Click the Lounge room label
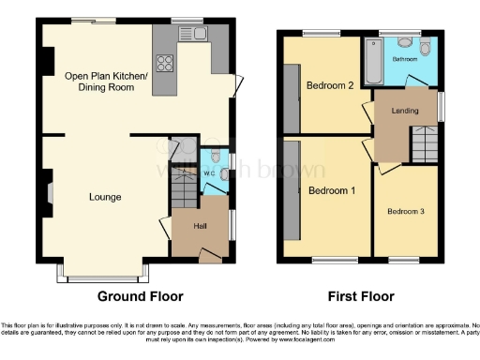point(105,197)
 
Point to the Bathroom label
point(405,58)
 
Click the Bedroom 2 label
point(329,85)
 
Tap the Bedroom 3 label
point(406,212)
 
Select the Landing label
point(405,112)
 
